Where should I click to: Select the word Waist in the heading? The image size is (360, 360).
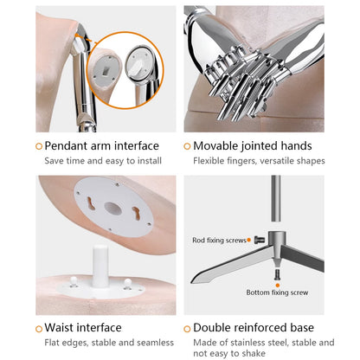coord(59,328)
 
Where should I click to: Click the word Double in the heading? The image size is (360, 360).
coord(211,328)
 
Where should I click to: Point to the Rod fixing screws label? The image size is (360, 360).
coord(219,240)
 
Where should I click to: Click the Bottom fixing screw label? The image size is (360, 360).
coord(277,292)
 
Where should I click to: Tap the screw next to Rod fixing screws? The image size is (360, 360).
coord(260,240)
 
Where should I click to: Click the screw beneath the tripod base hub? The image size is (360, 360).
coord(277,274)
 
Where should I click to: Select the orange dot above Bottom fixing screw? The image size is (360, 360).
coord(278,285)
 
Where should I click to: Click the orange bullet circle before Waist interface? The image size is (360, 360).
coord(39,329)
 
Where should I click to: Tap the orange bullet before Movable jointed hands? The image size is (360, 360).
coord(187,146)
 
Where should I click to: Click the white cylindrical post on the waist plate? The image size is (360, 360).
coord(100,267)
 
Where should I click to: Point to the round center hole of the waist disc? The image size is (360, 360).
coord(112,209)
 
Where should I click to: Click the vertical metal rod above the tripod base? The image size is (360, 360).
coord(276,198)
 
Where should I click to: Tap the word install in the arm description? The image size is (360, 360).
coord(150,161)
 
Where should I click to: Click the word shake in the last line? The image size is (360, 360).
coord(253,353)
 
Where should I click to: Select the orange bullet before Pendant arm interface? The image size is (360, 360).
coord(39,146)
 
